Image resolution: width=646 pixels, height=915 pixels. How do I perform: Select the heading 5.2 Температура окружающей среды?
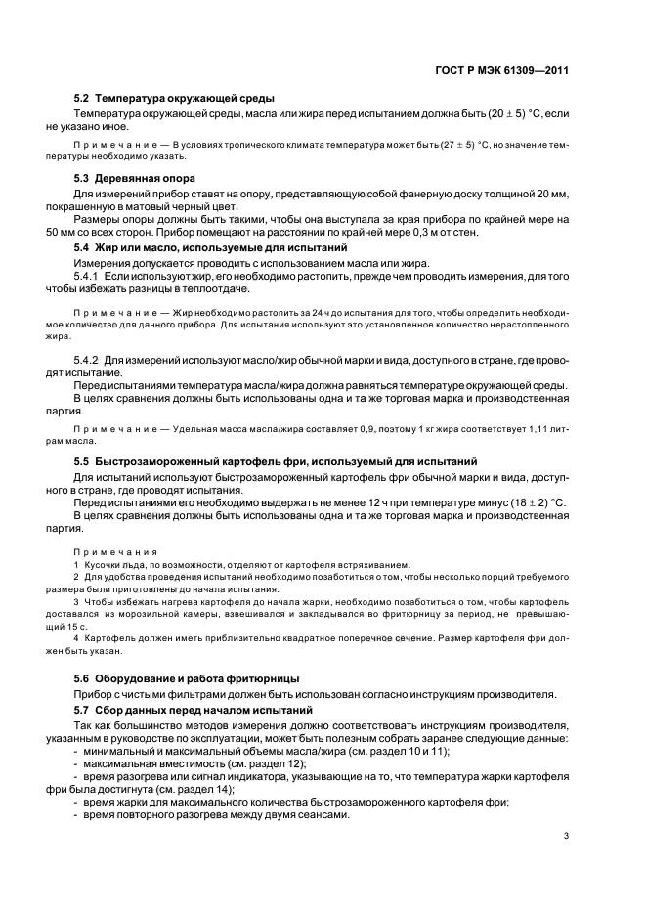click(174, 98)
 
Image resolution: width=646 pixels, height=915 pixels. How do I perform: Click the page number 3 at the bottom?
click(567, 835)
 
